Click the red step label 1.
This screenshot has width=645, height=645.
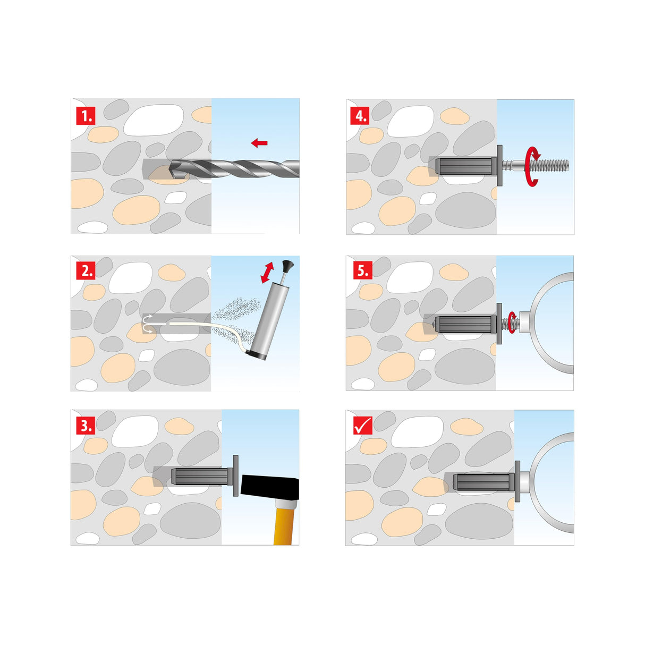[86, 115]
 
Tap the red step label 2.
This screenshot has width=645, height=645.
[86, 270]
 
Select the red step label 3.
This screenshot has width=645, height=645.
[86, 425]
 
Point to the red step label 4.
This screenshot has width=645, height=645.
[361, 115]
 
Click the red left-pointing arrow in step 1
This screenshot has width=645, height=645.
[259, 142]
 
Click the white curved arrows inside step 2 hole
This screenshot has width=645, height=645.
[148, 324]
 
